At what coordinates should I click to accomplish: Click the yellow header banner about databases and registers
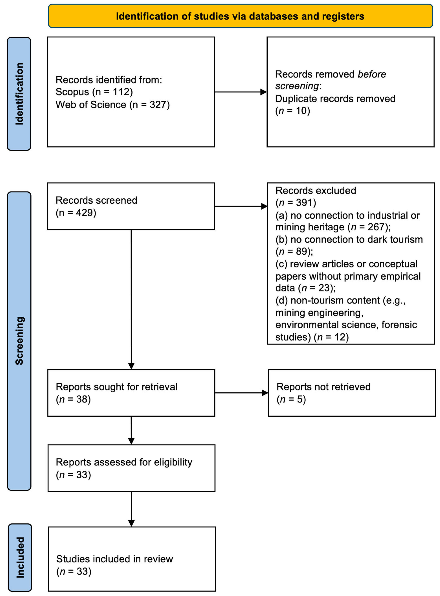click(x=240, y=16)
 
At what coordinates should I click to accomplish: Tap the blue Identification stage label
click(x=19, y=94)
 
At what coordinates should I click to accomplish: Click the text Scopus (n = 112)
click(x=94, y=92)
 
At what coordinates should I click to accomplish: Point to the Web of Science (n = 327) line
click(x=113, y=105)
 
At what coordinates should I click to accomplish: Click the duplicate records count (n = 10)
click(x=292, y=111)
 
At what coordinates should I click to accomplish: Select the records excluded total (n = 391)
click(x=296, y=203)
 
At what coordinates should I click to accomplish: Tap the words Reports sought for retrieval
click(x=116, y=387)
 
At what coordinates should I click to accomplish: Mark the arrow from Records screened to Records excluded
click(x=241, y=206)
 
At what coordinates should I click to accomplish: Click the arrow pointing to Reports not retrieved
click(x=242, y=393)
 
